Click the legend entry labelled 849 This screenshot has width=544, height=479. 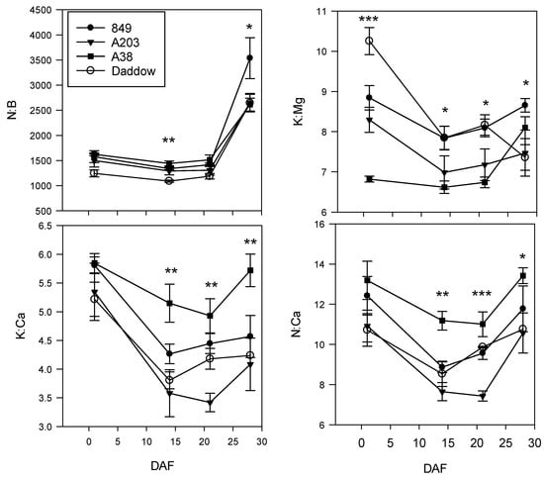[104, 28]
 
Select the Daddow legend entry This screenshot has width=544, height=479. [116, 71]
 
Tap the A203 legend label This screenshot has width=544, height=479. [108, 43]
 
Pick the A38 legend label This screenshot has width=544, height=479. [105, 56]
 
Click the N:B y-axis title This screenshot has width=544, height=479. [13, 110]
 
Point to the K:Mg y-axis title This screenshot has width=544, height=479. [299, 111]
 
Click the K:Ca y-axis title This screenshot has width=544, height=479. [21, 326]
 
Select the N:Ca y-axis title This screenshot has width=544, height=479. [296, 325]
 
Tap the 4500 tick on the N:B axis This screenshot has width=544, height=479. [42, 10]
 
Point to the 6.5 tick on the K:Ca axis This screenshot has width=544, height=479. [46, 226]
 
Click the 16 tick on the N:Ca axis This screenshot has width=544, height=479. [320, 225]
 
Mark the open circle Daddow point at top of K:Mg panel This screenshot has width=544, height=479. [370, 41]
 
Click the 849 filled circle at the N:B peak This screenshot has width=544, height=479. [249, 57]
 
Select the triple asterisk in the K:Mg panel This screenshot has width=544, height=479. [369, 19]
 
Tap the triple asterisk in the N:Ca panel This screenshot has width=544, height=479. [482, 294]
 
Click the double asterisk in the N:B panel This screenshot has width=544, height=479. [169, 141]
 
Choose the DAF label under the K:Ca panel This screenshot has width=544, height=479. [162, 466]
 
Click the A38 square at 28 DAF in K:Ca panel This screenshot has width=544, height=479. [250, 270]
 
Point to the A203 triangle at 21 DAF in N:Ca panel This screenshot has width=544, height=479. [483, 395]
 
